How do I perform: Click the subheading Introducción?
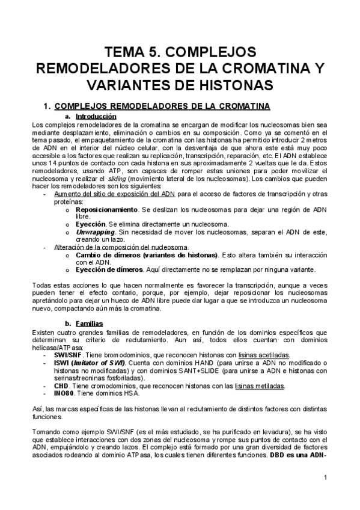(x=96, y=116)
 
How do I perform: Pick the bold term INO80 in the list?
(x=65, y=393)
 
